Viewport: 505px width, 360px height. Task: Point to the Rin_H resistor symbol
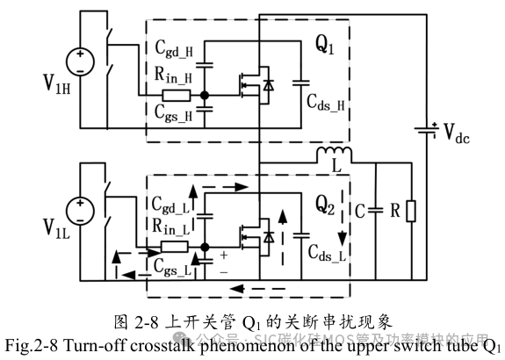(x=176, y=94)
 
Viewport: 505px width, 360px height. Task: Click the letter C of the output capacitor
(x=360, y=211)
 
